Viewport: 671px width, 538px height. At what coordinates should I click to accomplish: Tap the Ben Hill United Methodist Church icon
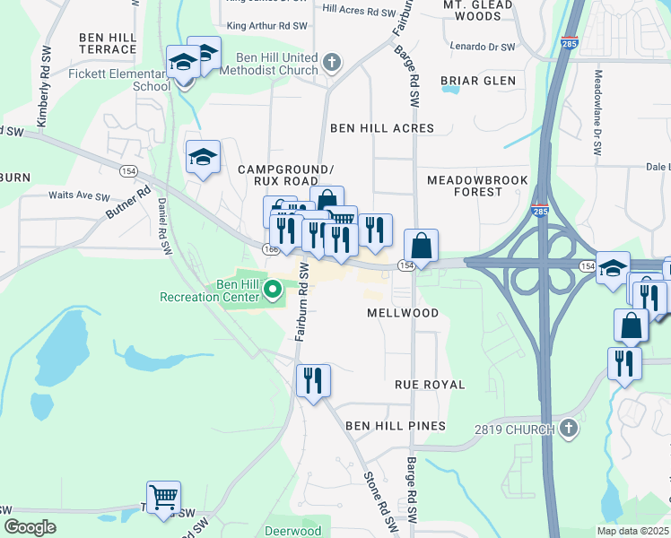[332, 62]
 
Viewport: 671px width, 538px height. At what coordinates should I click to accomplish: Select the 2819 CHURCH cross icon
[568, 429]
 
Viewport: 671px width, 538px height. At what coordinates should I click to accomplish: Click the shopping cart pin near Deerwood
[163, 496]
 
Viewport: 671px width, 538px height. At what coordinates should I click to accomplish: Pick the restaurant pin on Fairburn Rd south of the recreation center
[313, 380]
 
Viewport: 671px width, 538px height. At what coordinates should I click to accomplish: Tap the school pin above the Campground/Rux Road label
[203, 157]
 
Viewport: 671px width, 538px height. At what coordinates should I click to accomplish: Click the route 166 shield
[271, 247]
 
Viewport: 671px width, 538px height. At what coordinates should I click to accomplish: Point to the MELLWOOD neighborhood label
[403, 313]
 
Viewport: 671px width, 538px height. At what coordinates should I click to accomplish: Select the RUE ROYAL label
[430, 385]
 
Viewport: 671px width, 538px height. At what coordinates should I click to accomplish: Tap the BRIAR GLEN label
[478, 81]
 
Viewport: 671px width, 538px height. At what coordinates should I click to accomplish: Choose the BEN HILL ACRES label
[382, 128]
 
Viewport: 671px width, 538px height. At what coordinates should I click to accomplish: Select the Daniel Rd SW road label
[164, 226]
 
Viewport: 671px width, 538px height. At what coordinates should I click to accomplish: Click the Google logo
[30, 527]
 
